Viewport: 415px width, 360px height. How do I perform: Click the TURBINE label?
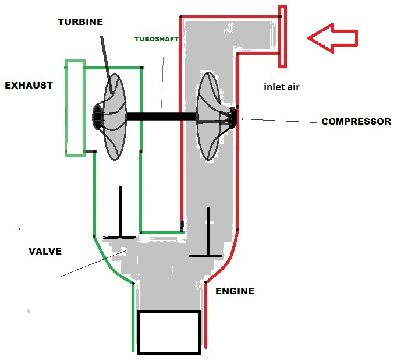coord(80,22)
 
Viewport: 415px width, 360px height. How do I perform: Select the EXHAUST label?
coord(29,86)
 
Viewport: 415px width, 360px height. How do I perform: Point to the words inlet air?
coord(281,87)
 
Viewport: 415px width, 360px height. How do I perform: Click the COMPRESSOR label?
coord(356,122)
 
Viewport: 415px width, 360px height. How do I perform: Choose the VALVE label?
coord(45,252)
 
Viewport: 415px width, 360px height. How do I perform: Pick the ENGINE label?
coord(235,291)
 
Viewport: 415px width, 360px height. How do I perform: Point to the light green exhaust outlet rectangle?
coord(75,108)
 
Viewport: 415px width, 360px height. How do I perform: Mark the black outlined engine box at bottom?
coord(169,332)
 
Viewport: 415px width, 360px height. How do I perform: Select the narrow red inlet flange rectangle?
coord(282,37)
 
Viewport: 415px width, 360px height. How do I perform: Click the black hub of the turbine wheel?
coord(98,117)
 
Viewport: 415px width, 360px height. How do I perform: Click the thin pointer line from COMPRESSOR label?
coord(279,121)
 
